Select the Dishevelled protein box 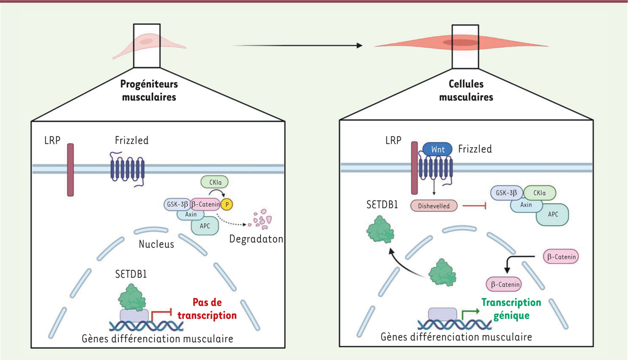pyautogui.click(x=434, y=206)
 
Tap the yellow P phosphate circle pyautogui.click(x=226, y=204)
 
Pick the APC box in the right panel pyautogui.click(x=553, y=214)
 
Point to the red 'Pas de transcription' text pyautogui.click(x=207, y=309)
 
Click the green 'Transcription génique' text pyautogui.click(x=511, y=309)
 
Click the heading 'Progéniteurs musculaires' pyautogui.click(x=150, y=90)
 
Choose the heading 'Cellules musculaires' pyautogui.click(x=466, y=90)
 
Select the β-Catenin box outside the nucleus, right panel pyautogui.click(x=561, y=257)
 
